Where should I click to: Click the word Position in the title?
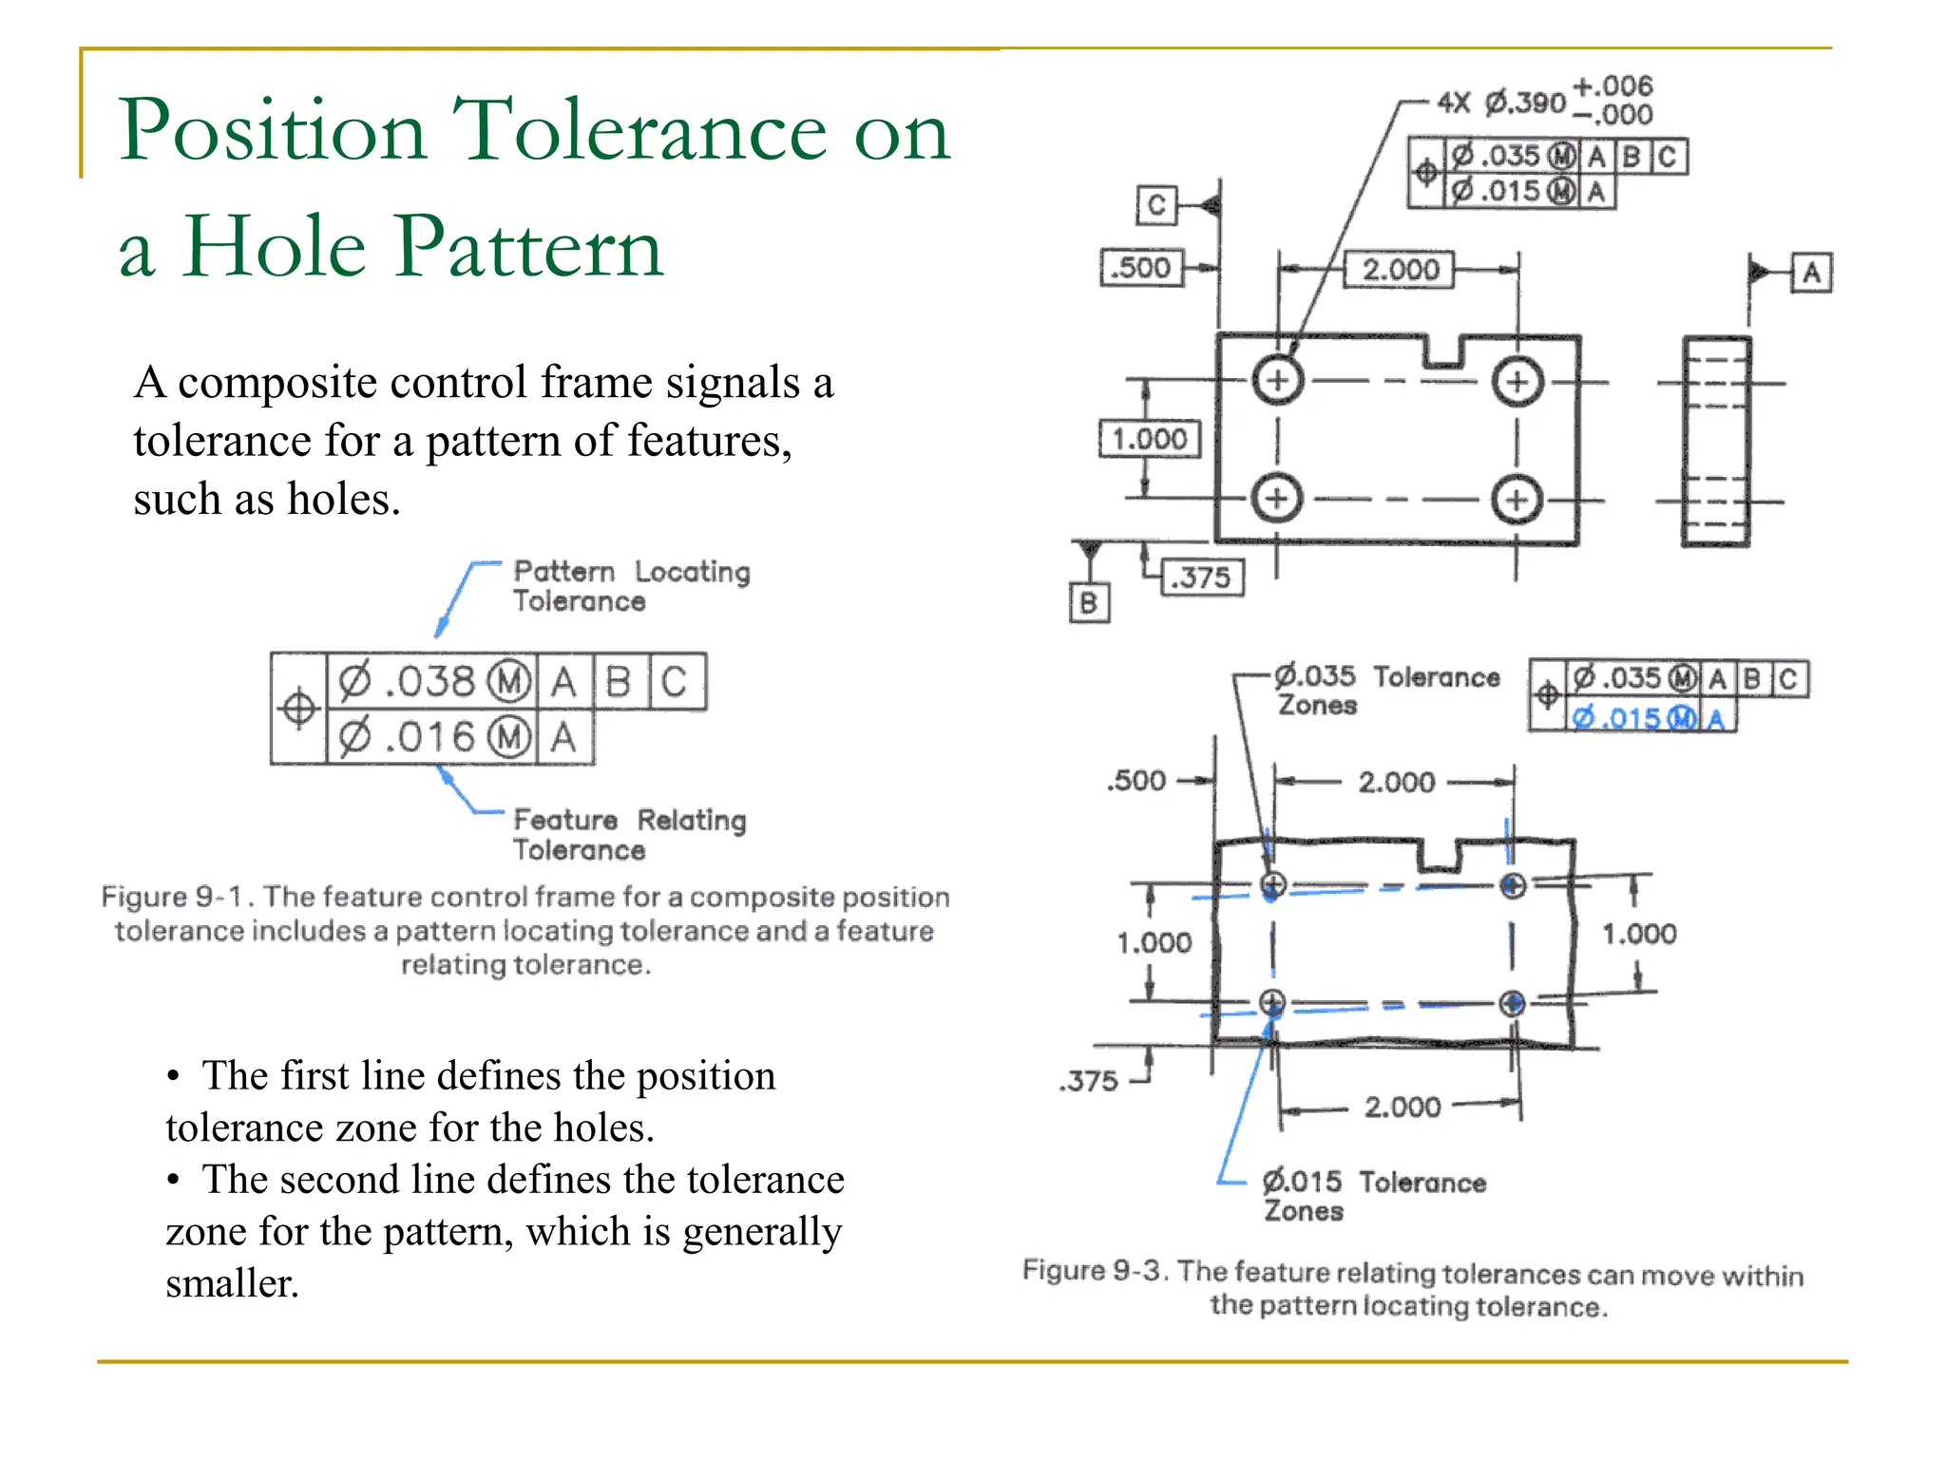tap(272, 131)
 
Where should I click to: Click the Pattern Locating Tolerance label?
tap(631, 586)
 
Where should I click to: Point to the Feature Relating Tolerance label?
tap(629, 834)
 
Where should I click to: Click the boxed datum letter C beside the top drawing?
tap(1156, 205)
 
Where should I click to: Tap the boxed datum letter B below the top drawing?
tap(1089, 603)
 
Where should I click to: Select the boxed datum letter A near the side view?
tap(1811, 274)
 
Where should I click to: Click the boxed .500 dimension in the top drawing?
tap(1141, 268)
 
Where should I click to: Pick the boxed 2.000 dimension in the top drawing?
tap(1400, 270)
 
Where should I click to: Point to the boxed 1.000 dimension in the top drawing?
tap(1150, 439)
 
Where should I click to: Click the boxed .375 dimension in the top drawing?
tap(1203, 578)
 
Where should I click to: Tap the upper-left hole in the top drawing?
tap(1278, 381)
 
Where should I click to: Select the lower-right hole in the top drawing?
tap(1517, 500)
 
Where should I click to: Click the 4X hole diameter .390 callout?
tap(1525, 102)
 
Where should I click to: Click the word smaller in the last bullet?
tap(231, 1284)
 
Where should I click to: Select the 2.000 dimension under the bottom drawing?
tap(1402, 1107)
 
